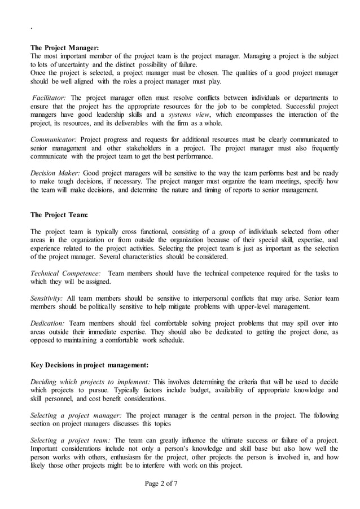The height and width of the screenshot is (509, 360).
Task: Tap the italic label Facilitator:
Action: [49, 98]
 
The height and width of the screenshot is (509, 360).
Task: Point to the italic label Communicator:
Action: [54, 139]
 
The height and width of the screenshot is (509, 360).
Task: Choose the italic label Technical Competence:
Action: [65, 273]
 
